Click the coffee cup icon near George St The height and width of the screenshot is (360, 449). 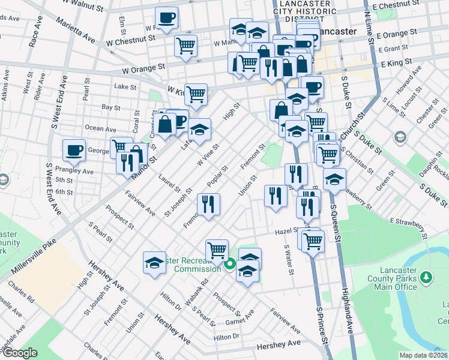click(x=74, y=151)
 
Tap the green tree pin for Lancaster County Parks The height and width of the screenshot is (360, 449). click(x=426, y=278)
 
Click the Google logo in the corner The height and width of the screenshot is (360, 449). click(x=20, y=353)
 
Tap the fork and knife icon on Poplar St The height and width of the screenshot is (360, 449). click(x=209, y=204)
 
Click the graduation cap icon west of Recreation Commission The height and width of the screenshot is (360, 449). click(x=154, y=262)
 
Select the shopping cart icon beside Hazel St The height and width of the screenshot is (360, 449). click(x=312, y=241)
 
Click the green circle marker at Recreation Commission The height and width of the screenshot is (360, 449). click(x=229, y=263)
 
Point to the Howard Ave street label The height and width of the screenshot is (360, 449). click(x=408, y=84)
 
